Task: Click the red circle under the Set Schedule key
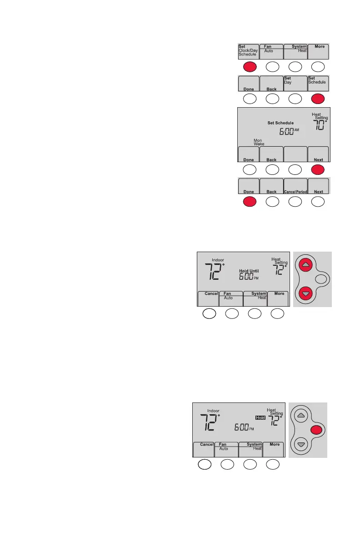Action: click(318, 98)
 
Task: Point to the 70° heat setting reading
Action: click(319, 124)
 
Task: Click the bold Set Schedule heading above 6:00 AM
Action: click(280, 123)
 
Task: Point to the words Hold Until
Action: click(249, 270)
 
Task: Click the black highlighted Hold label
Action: click(260, 417)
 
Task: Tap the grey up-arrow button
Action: click(301, 415)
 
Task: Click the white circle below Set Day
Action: click(295, 98)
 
